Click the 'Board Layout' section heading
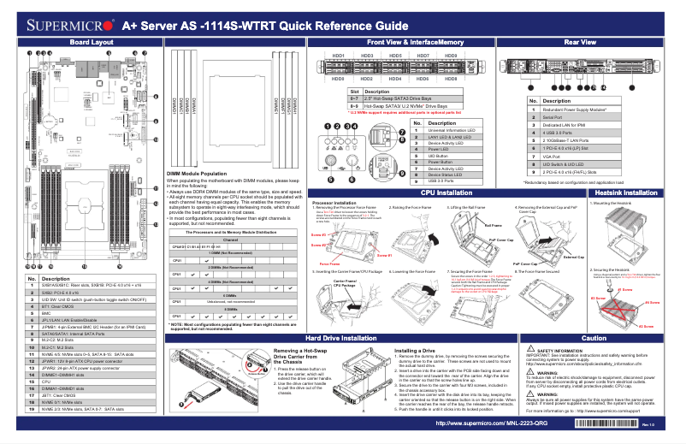click(91, 42)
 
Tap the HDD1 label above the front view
click(337, 56)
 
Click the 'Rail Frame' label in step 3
click(494, 226)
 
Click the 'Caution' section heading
click(593, 339)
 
